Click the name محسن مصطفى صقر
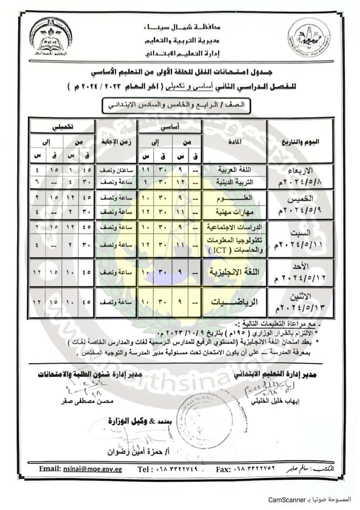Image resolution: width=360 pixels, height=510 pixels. (x=82, y=401)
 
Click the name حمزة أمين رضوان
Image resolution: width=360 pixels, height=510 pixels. (x=133, y=452)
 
